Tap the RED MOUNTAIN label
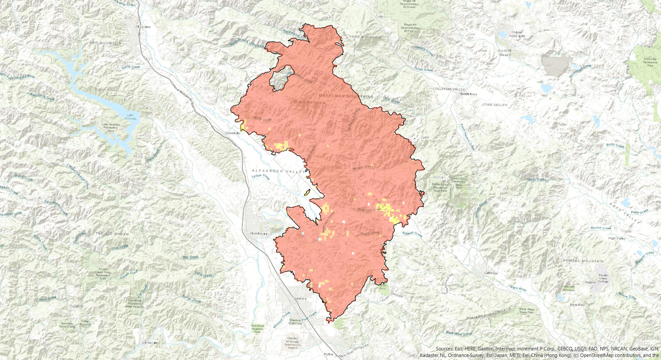click(105, 43)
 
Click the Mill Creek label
click(191, 257)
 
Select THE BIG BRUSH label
click(112, 234)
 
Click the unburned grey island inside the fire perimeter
click(281, 78)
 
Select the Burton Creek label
click(601, 228)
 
